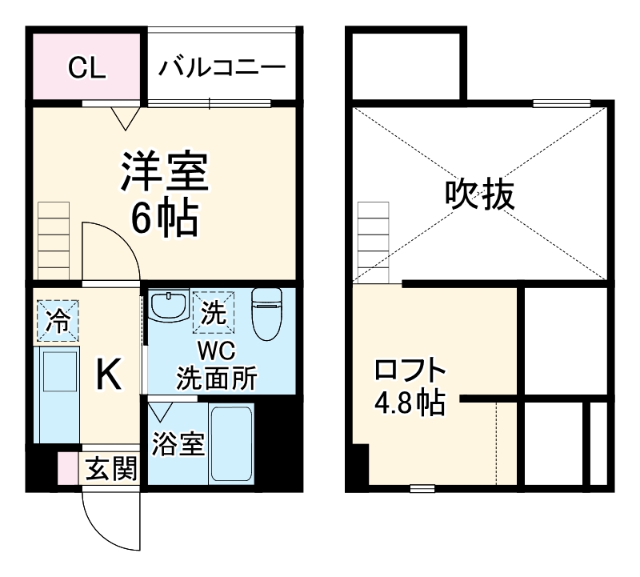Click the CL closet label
tap(86, 68)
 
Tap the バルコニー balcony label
tap(221, 68)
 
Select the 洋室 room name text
tap(165, 170)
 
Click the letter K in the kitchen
tap(110, 374)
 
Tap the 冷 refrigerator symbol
tap(57, 320)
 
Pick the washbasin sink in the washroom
tap(168, 307)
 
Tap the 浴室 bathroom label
tap(178, 444)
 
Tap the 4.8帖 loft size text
tap(410, 402)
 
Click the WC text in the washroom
tap(216, 351)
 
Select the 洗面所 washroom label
tap(216, 377)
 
